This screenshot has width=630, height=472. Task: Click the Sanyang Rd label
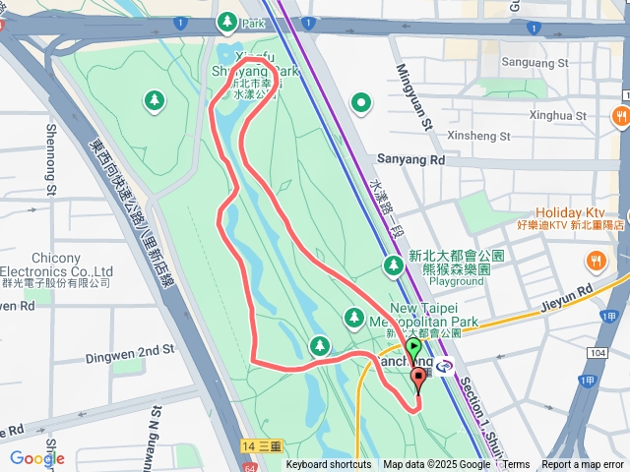[x=411, y=158]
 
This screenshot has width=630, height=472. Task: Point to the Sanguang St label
[x=536, y=62]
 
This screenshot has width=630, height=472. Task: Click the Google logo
[x=36, y=458]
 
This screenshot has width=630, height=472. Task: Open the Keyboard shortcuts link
[x=329, y=465]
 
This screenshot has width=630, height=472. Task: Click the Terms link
[x=517, y=465]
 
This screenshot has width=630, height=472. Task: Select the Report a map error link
[x=584, y=465]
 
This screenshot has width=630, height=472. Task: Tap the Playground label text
[x=456, y=281]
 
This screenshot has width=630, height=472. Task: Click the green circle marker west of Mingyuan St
[x=361, y=101]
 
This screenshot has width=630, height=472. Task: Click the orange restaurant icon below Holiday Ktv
[x=595, y=261]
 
